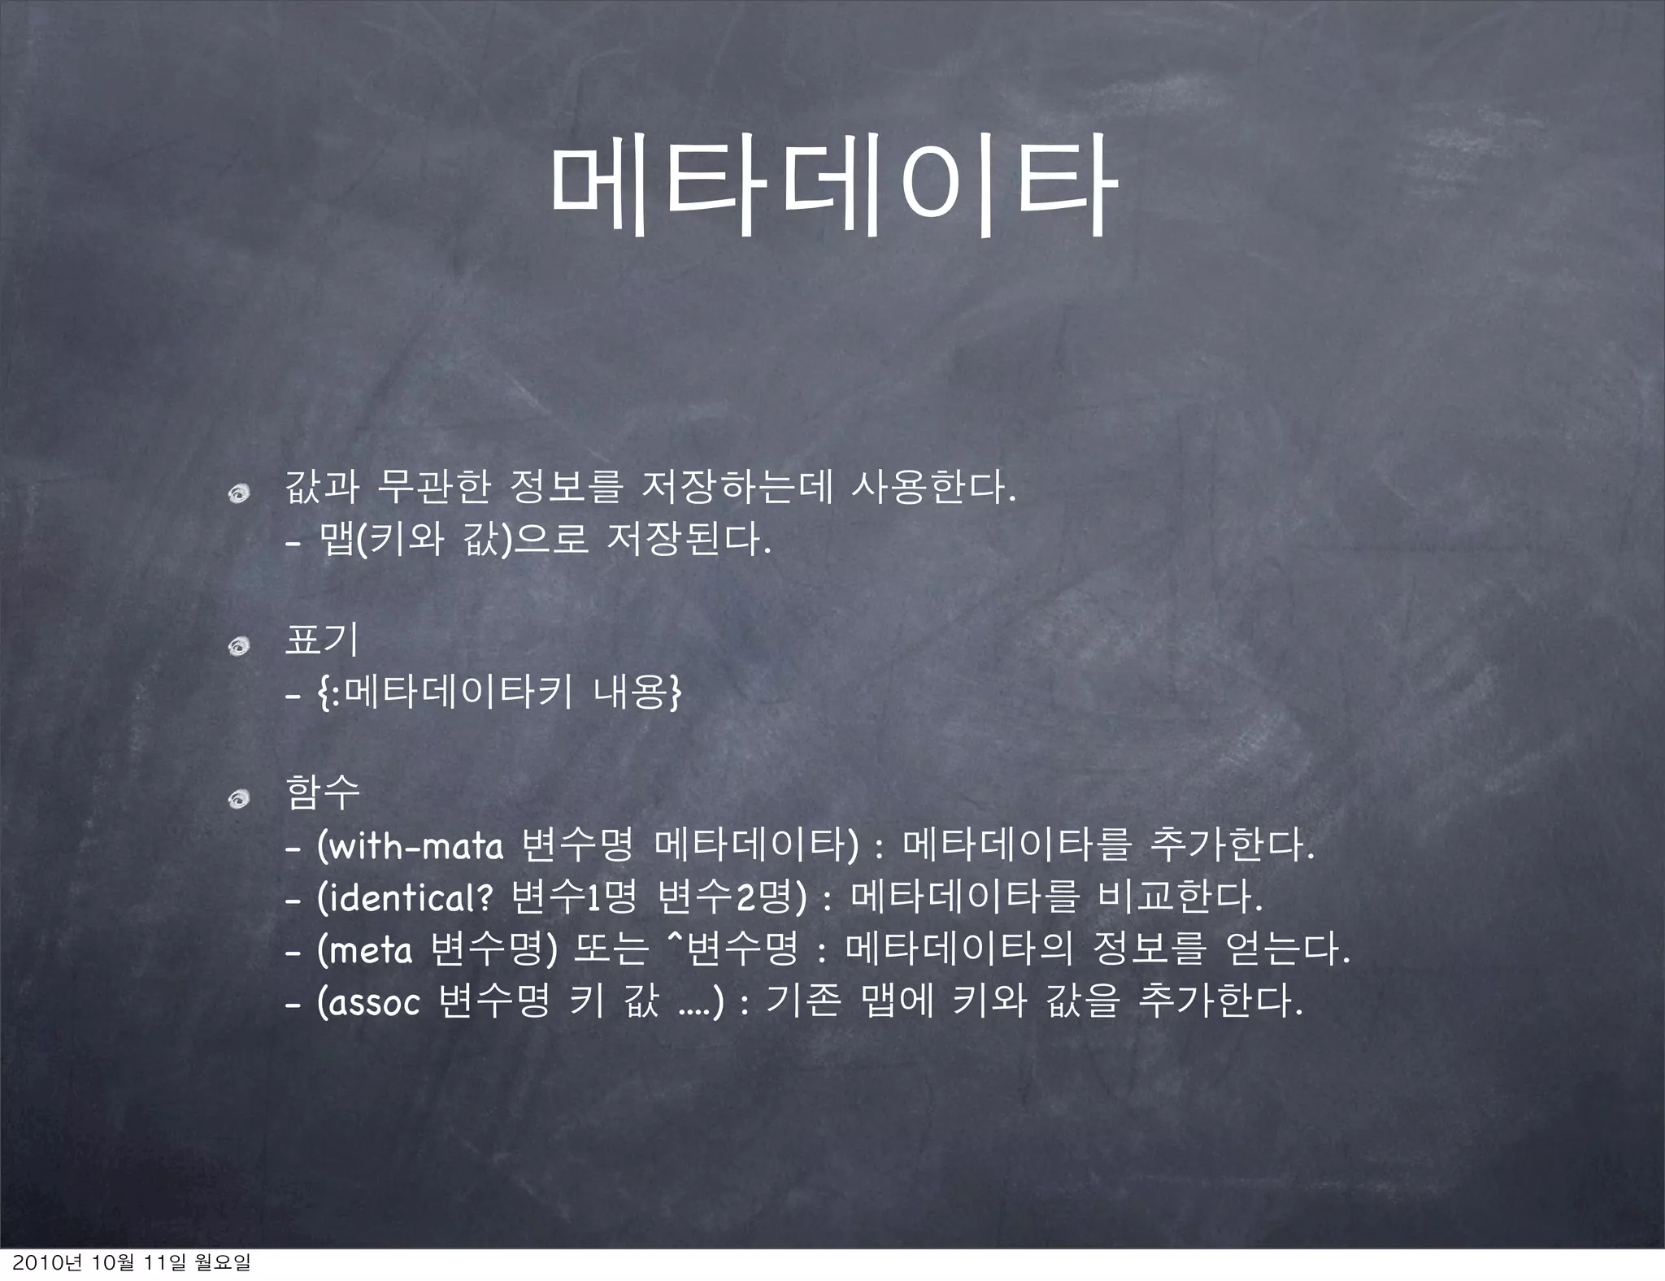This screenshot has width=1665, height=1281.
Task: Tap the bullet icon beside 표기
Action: (x=239, y=645)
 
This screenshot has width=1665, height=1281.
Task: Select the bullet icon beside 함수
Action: (x=239, y=801)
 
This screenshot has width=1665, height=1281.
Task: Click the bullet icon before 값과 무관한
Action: (x=239, y=491)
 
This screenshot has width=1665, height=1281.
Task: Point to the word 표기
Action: (x=321, y=640)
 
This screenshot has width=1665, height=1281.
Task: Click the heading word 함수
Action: (x=322, y=792)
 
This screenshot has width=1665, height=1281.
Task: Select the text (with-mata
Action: (x=411, y=847)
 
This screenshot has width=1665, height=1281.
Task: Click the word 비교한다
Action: (x=1180, y=898)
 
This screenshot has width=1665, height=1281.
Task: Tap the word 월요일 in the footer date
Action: (x=221, y=1264)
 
